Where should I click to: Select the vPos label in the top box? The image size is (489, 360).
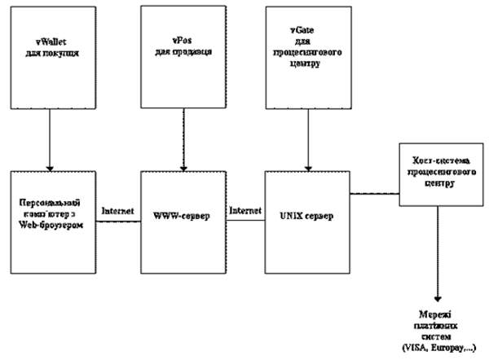coord(176,37)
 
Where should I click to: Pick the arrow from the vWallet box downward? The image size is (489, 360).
coord(51,142)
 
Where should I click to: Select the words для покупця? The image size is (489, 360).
coord(51,42)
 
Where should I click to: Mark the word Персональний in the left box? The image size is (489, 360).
coord(52,201)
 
